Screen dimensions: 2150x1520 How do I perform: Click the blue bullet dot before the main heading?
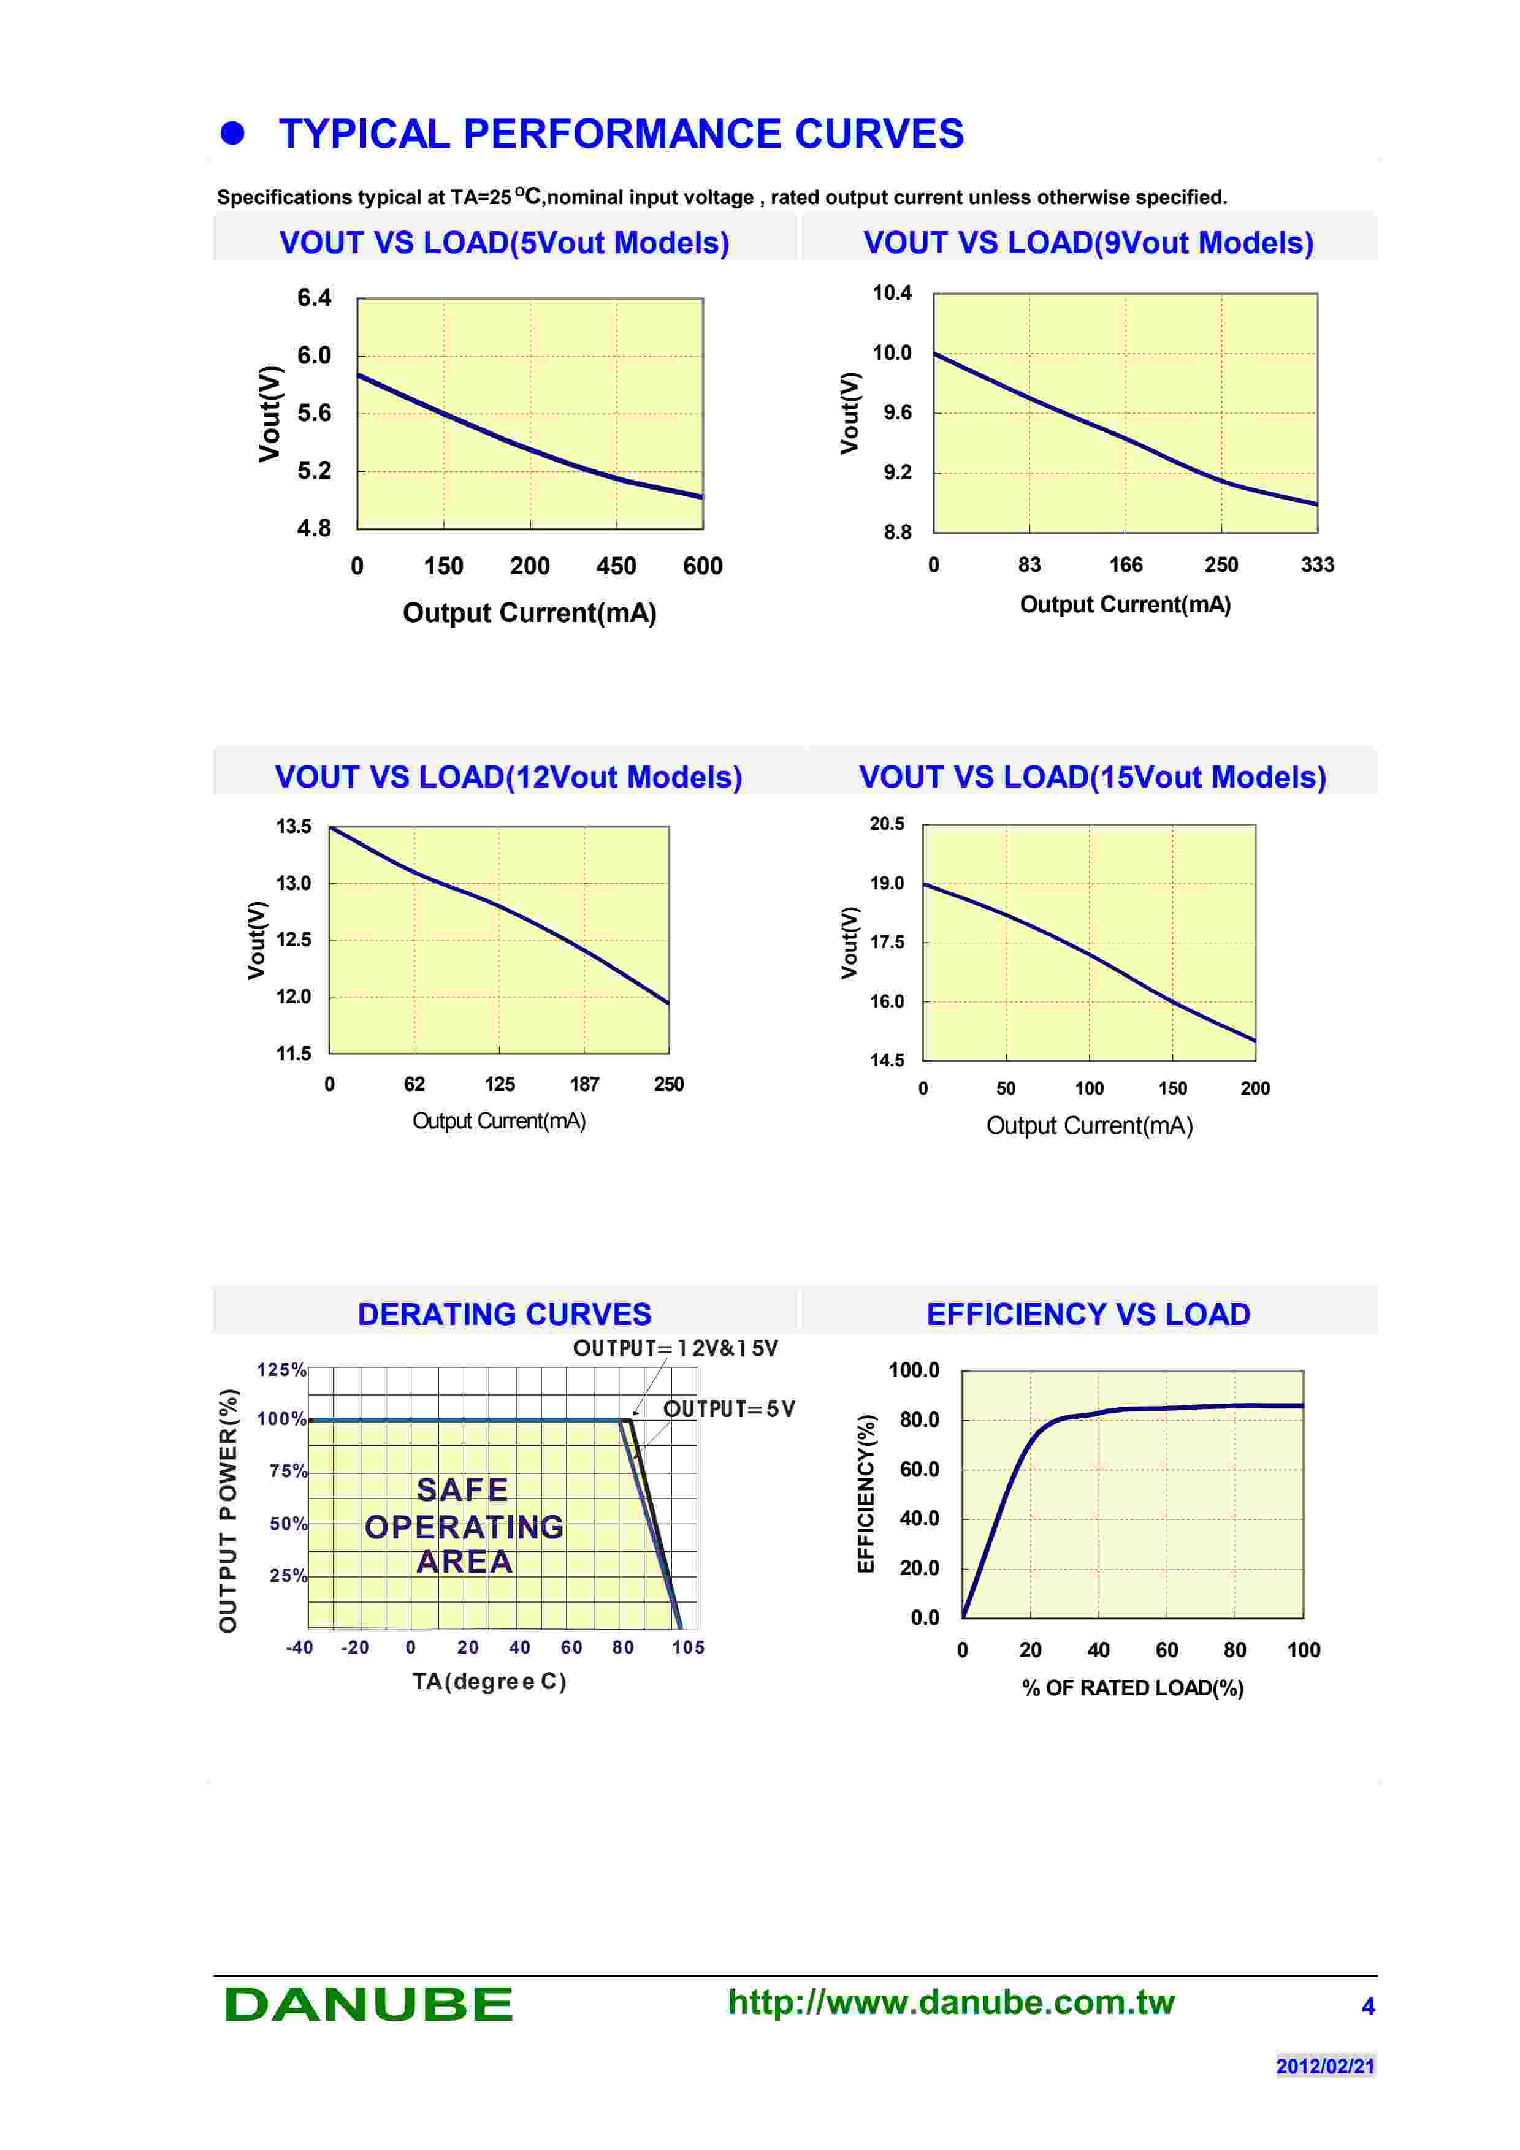coord(232,134)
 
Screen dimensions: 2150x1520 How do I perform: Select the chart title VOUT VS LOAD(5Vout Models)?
coord(504,243)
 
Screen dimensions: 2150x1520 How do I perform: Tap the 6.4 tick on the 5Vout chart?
coord(314,298)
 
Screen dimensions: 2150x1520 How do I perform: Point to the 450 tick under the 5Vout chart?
coord(616,566)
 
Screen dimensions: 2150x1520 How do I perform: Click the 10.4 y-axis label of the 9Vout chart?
coord(892,293)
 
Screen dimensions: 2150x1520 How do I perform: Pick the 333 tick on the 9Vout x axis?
coord(1317,564)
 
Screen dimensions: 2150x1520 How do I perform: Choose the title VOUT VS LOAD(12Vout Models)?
coord(508,777)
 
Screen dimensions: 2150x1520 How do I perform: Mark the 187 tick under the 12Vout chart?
coord(584,1084)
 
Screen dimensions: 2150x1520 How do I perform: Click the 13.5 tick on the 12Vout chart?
coord(293,826)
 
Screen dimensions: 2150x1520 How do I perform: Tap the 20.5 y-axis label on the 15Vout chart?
coord(887,824)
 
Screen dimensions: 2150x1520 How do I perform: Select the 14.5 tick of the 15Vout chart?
coord(887,1060)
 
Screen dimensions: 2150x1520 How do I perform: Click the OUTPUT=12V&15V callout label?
coord(675,1348)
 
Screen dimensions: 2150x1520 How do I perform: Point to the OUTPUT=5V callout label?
coord(728,1409)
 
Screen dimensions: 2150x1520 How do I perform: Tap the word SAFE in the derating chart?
coord(463,1490)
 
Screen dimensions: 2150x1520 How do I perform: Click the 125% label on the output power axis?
coord(282,1370)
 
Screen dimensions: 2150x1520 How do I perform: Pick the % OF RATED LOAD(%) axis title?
coord(1132,1687)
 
